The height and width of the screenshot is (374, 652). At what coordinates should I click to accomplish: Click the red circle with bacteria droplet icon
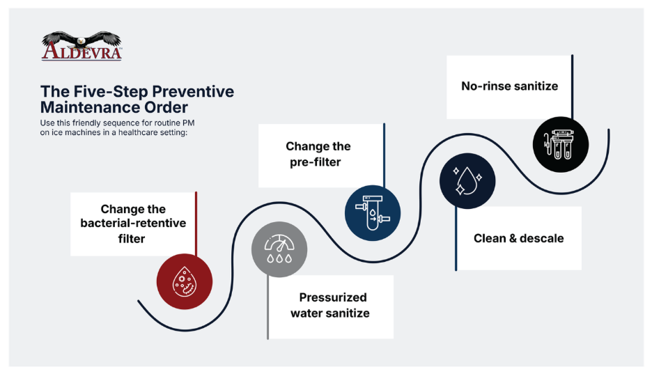coord(185,281)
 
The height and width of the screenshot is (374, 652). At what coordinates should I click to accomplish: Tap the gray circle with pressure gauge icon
coord(279,249)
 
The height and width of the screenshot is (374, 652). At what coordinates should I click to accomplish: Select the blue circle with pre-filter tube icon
coord(373,212)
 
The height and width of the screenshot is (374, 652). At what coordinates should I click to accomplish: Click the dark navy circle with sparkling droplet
coord(467,180)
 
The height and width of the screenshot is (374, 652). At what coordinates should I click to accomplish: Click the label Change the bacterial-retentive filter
coord(133,224)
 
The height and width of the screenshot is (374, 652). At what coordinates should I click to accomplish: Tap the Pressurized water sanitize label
coord(330,306)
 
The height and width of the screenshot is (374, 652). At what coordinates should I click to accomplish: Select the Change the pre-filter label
coord(318,155)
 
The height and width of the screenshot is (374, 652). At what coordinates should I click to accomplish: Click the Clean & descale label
coord(518,238)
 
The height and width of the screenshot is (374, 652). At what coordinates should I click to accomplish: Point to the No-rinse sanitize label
coord(509,86)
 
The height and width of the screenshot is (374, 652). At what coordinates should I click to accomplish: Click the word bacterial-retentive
coord(133,224)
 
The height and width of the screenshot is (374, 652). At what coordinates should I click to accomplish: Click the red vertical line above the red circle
coord(196,223)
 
